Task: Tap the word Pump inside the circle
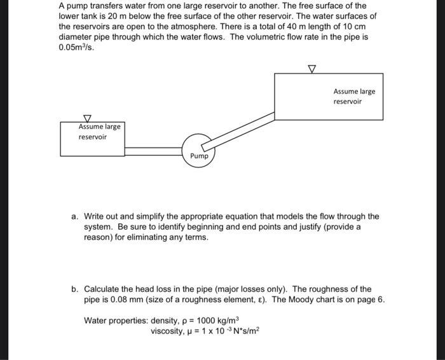click(x=199, y=156)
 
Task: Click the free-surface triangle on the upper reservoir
click(x=311, y=69)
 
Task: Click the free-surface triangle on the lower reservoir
click(x=88, y=118)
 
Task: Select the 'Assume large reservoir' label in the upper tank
click(x=354, y=96)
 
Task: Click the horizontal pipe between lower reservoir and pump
click(x=153, y=151)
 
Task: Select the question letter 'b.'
click(x=75, y=289)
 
